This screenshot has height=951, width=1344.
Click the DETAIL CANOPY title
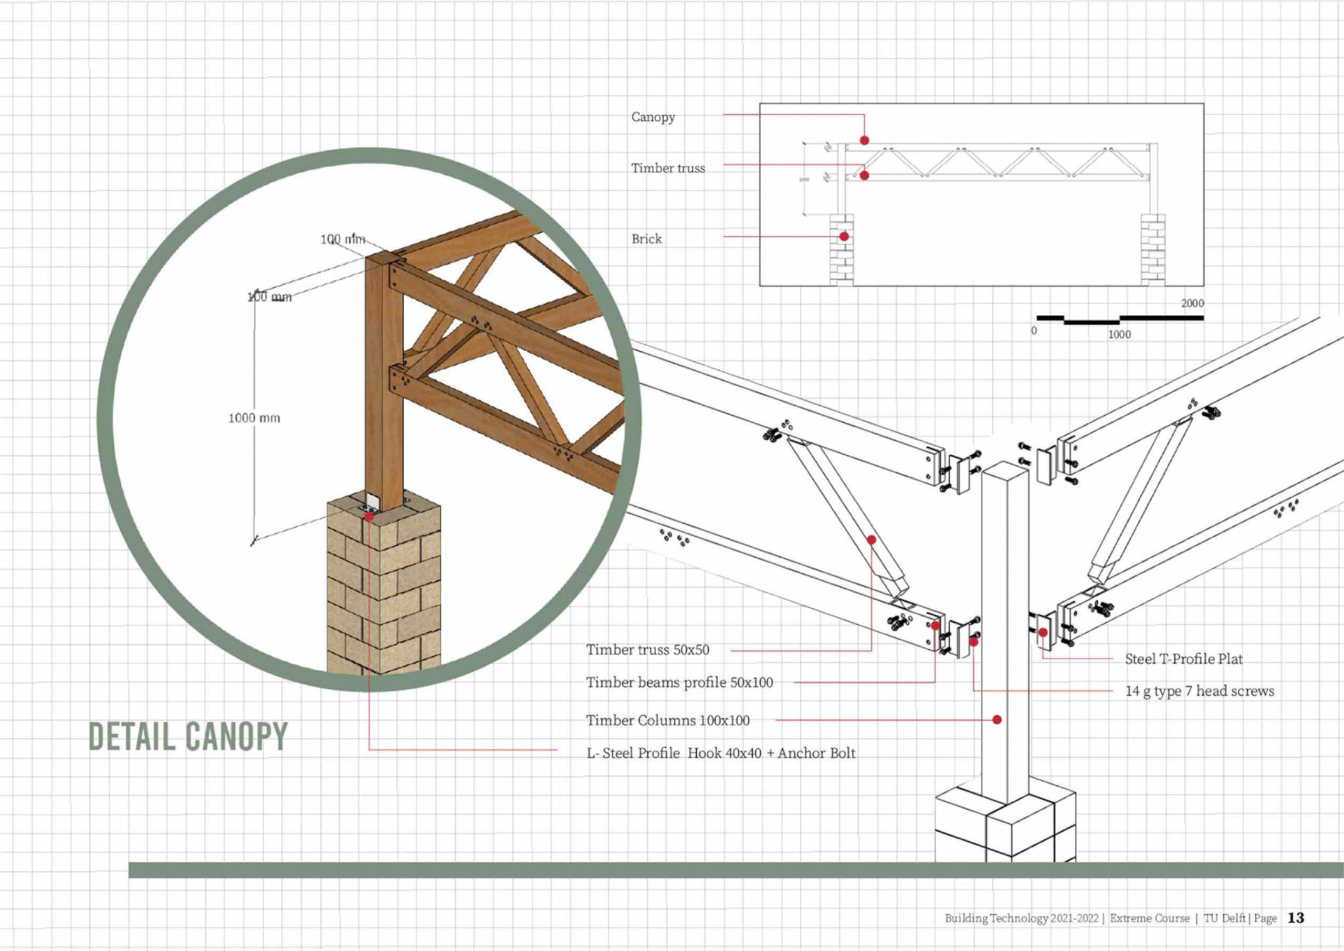[188, 736]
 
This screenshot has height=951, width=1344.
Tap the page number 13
[1296, 917]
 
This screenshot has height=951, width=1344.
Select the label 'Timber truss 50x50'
[647, 650]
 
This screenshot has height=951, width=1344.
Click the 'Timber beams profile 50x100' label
[679, 682]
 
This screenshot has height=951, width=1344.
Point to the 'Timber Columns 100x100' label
[667, 720]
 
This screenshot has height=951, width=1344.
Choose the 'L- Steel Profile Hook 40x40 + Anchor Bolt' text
[720, 753]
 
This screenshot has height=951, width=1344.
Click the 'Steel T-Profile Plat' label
[1183, 659]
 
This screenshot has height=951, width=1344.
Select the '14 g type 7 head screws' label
[1199, 691]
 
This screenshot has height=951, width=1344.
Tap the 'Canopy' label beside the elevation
[652, 117]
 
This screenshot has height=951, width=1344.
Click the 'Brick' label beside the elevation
[646, 239]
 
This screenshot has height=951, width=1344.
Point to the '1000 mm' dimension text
[253, 418]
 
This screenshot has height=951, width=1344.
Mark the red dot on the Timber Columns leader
[997, 720]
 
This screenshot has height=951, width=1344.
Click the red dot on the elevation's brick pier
[844, 237]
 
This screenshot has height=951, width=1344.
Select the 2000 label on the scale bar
[1192, 303]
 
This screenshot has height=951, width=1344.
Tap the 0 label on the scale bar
[1034, 331]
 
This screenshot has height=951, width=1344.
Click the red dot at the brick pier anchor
[369, 517]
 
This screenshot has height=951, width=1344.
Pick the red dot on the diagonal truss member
[871, 540]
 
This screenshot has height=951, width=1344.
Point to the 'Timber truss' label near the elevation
[668, 168]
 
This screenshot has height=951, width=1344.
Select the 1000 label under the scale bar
[1119, 335]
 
